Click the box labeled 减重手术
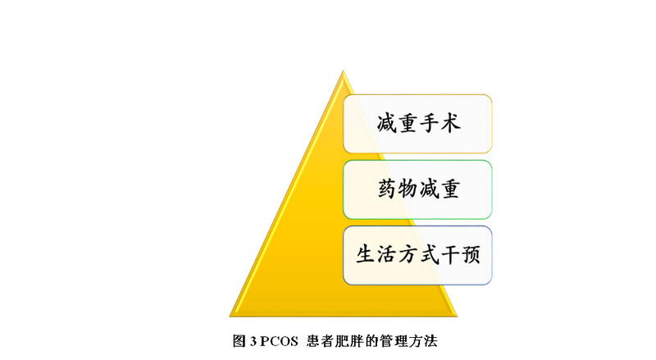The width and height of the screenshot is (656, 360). [x=417, y=123]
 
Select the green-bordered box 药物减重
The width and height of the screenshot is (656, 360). [x=417, y=189]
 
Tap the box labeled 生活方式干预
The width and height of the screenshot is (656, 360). [x=417, y=255]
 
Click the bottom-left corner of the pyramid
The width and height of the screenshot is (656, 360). [x=231, y=315]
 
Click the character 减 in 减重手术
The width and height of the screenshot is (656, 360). [x=386, y=123]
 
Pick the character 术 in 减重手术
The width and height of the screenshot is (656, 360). [x=449, y=123]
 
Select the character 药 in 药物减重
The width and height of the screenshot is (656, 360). [x=386, y=189]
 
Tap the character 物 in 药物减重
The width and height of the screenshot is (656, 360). [x=408, y=189]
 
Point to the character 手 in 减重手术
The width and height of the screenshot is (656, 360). [x=428, y=123]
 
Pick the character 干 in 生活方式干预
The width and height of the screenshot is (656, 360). [x=449, y=255]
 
